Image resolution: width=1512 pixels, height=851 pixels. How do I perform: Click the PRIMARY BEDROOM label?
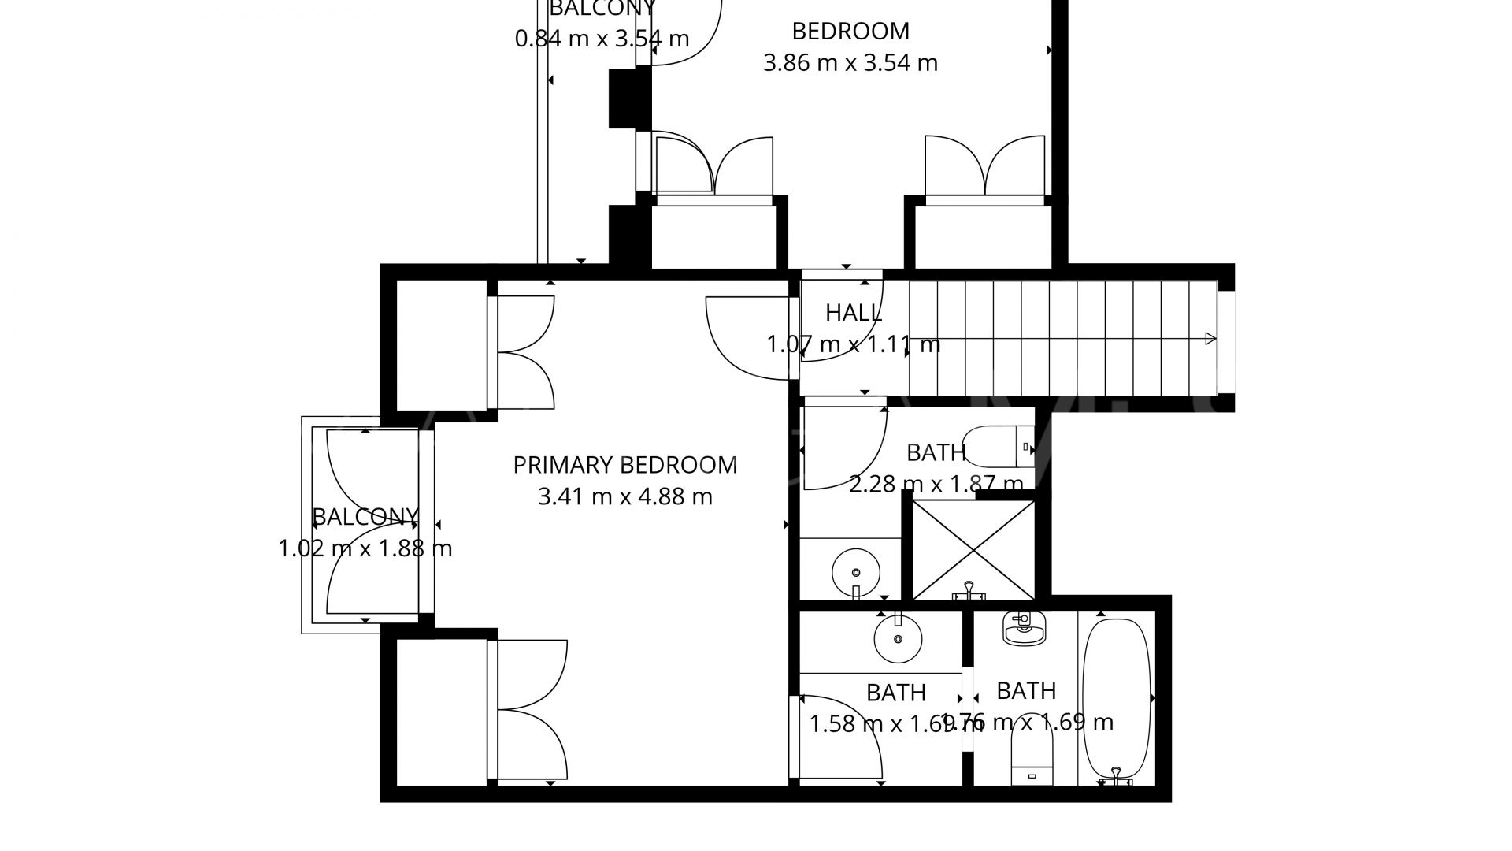point(624,465)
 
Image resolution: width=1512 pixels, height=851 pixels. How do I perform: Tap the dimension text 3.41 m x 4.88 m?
point(624,497)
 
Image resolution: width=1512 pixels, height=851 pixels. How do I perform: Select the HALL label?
point(853,313)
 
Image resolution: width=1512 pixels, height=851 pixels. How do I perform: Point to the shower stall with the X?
point(973,550)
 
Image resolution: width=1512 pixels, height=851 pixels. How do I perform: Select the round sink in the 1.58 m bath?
point(897,640)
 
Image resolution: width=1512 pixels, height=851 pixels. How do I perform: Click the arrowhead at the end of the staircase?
point(1210,339)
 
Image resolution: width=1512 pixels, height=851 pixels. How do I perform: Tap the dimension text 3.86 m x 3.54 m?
point(850,62)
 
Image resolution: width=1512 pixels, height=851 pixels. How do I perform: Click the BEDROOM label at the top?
point(850,31)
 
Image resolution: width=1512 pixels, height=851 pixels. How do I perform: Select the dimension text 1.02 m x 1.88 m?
point(365,548)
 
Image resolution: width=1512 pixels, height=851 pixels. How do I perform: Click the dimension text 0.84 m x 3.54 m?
point(602,38)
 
